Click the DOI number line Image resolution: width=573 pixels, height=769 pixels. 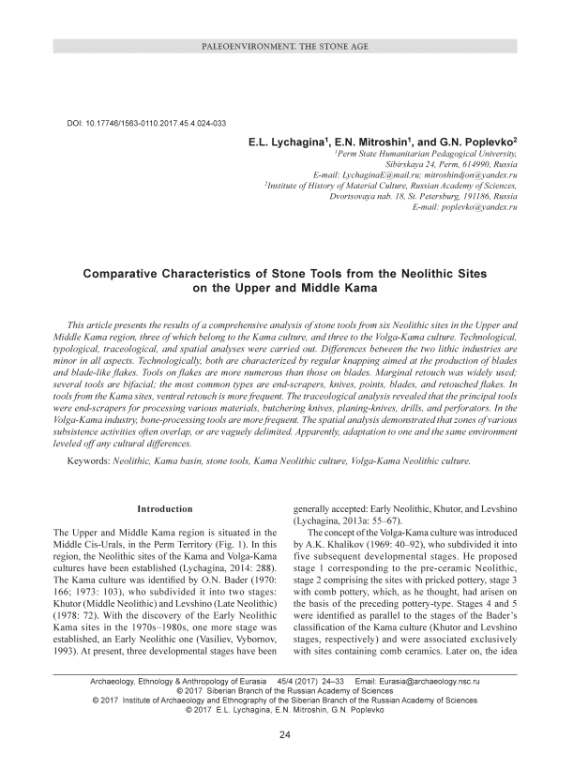click(x=148, y=124)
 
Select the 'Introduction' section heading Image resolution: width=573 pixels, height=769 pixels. click(x=165, y=509)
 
